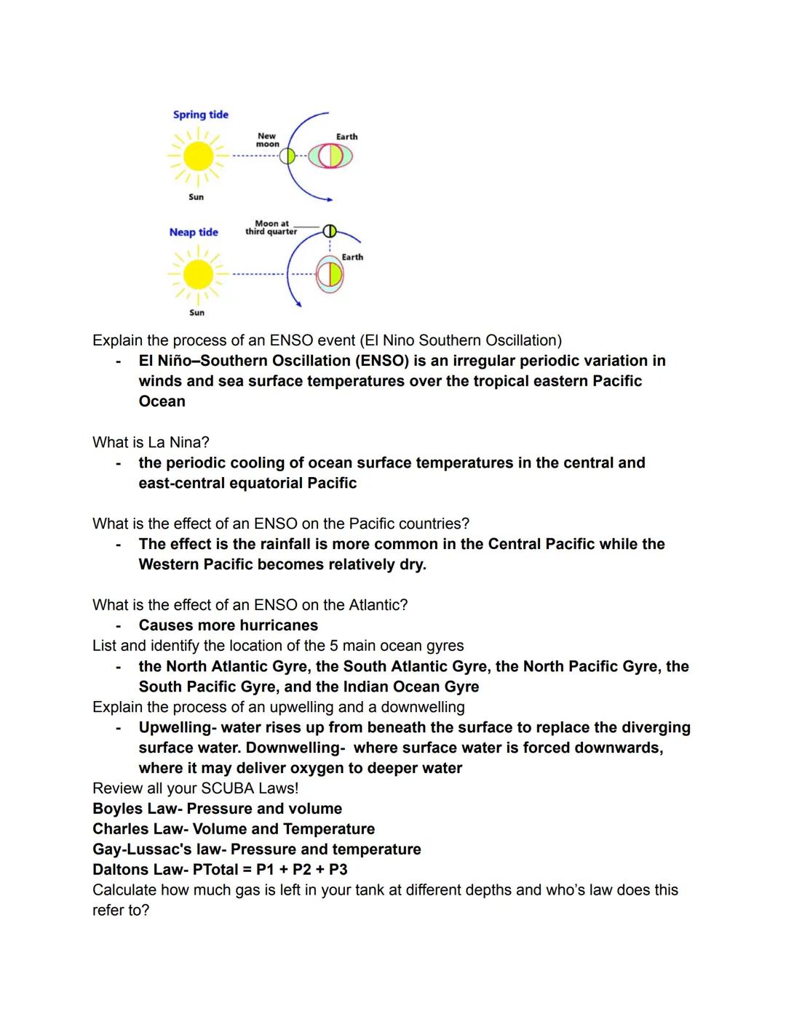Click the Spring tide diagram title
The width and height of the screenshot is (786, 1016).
tap(201, 115)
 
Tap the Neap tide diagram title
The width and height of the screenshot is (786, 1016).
tap(194, 232)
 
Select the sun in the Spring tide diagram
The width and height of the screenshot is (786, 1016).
tap(197, 156)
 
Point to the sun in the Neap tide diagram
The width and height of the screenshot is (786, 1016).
tap(197, 275)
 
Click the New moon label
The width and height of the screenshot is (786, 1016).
tap(267, 140)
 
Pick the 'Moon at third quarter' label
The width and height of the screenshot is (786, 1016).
tap(271, 228)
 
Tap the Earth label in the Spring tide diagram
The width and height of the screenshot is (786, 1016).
tap(346, 137)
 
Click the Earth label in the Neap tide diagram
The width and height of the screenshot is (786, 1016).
tap(352, 257)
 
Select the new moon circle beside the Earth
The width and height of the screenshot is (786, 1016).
tap(287, 156)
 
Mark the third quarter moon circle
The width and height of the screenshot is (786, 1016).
tap(329, 231)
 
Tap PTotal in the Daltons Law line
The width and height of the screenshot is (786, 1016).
tap(219, 870)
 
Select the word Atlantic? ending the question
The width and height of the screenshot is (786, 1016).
tap(376, 605)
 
